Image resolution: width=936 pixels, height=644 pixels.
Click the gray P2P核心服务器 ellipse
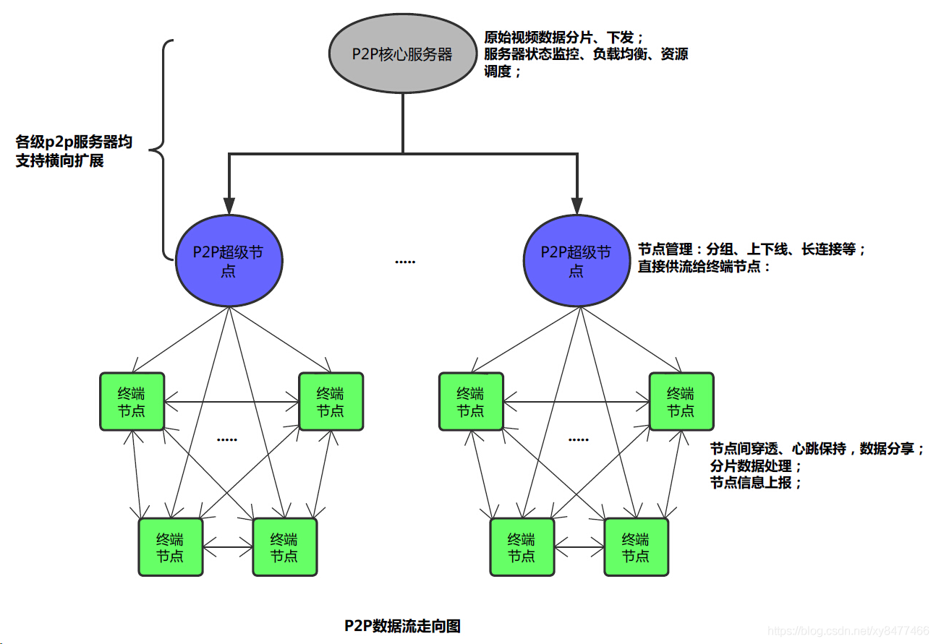point(401,54)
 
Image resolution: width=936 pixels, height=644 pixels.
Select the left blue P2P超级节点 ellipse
point(229,260)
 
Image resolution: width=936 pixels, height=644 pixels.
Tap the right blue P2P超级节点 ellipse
point(577,260)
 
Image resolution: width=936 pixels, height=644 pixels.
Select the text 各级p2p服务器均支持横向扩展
point(74,151)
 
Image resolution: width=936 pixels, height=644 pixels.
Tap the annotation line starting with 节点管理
point(751,249)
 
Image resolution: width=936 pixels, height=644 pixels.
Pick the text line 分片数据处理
point(756,466)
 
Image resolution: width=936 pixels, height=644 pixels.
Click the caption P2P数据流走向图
point(402,625)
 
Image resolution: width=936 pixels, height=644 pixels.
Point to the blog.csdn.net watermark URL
point(848,631)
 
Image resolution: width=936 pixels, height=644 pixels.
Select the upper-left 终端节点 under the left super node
point(132,402)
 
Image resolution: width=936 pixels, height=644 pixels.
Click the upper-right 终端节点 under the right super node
point(681,402)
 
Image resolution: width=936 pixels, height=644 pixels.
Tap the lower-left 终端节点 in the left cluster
point(171,547)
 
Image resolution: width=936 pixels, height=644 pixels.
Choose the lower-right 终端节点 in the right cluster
point(636,547)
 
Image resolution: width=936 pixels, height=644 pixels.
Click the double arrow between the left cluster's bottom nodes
point(228,546)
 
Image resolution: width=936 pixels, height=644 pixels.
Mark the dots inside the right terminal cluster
point(579,439)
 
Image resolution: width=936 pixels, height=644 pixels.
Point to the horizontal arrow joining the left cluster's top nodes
point(231,401)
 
